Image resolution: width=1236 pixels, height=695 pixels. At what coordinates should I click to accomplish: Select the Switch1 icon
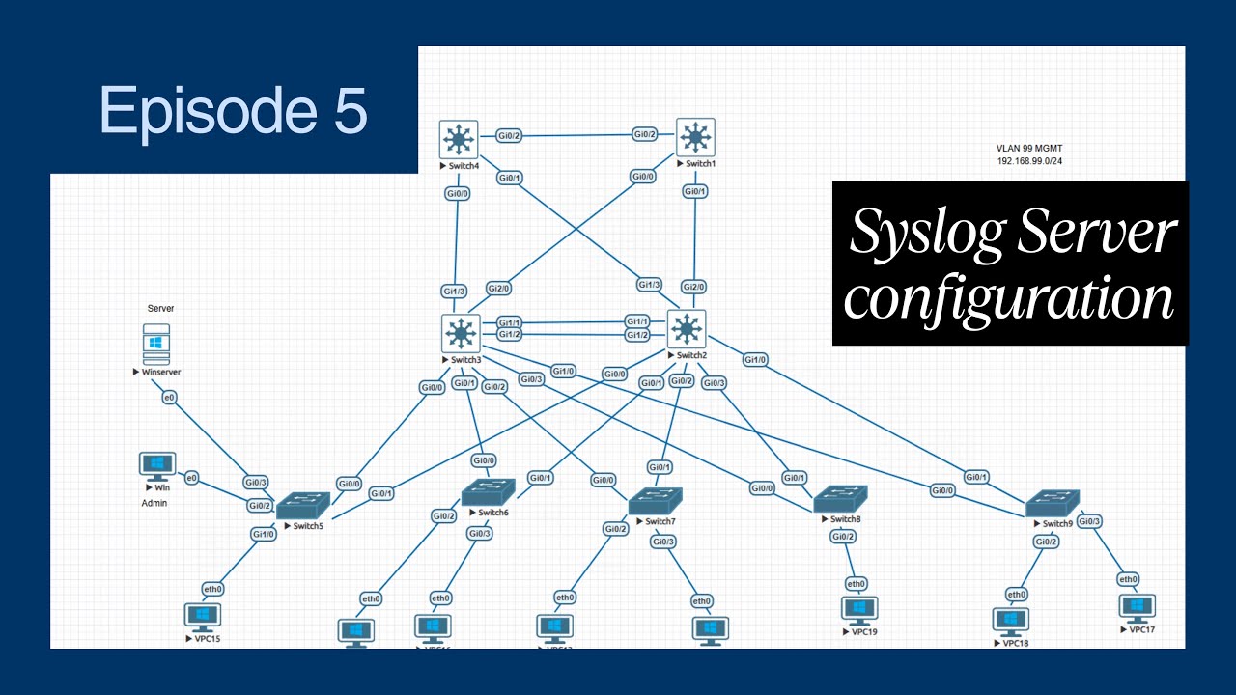(695, 138)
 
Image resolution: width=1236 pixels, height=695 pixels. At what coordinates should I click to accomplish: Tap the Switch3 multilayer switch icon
(461, 334)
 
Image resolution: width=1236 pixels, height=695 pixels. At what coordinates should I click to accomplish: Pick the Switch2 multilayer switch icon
(687, 330)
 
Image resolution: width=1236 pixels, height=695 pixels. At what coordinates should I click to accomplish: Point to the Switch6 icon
(488, 492)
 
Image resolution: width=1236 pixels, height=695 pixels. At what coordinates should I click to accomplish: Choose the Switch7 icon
(655, 501)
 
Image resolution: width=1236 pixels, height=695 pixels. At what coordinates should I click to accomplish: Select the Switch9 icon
(1052, 503)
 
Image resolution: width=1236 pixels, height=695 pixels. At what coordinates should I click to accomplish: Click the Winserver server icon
(156, 344)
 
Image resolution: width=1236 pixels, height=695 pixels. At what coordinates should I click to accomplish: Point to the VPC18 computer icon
(1010, 621)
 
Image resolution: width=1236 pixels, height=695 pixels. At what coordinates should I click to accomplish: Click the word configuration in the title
(1009, 299)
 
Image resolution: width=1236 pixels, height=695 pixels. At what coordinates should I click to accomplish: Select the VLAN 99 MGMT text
(1029, 149)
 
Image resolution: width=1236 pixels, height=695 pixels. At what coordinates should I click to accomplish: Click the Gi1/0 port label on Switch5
(263, 534)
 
